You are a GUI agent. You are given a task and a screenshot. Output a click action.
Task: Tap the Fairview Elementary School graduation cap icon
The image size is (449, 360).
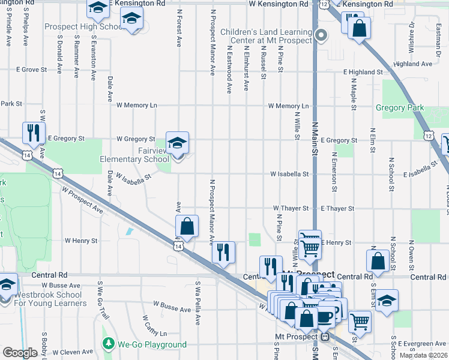pyautogui.click(x=177, y=143)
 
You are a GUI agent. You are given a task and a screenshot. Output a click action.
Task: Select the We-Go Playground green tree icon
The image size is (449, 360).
pyautogui.click(x=108, y=344)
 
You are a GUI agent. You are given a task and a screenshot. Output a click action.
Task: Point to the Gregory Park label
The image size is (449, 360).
pyautogui.click(x=399, y=108)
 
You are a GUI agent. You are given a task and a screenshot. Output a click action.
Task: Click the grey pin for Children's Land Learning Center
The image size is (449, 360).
pyautogui.click(x=321, y=35)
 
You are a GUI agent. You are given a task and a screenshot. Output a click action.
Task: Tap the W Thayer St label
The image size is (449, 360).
pyautogui.click(x=291, y=208)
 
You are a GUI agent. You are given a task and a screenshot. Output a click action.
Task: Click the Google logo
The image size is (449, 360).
pyautogui.click(x=19, y=353)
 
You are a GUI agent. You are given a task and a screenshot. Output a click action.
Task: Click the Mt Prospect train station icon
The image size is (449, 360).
pyautogui.click(x=325, y=337)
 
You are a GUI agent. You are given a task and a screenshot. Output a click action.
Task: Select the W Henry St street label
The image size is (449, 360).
pyautogui.click(x=81, y=241)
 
